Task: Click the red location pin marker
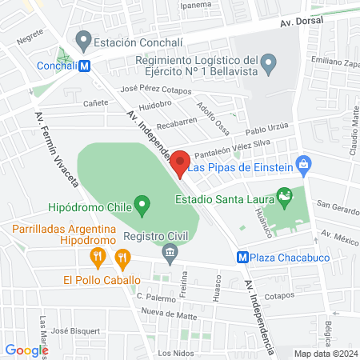tap(181, 162)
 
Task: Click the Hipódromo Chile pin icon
tap(142, 206)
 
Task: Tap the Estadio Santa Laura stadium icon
tap(284, 196)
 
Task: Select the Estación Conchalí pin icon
tap(82, 38)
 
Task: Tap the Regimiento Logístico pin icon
tap(270, 62)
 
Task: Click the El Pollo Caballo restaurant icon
tap(122, 258)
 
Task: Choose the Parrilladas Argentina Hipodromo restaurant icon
tap(97, 258)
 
